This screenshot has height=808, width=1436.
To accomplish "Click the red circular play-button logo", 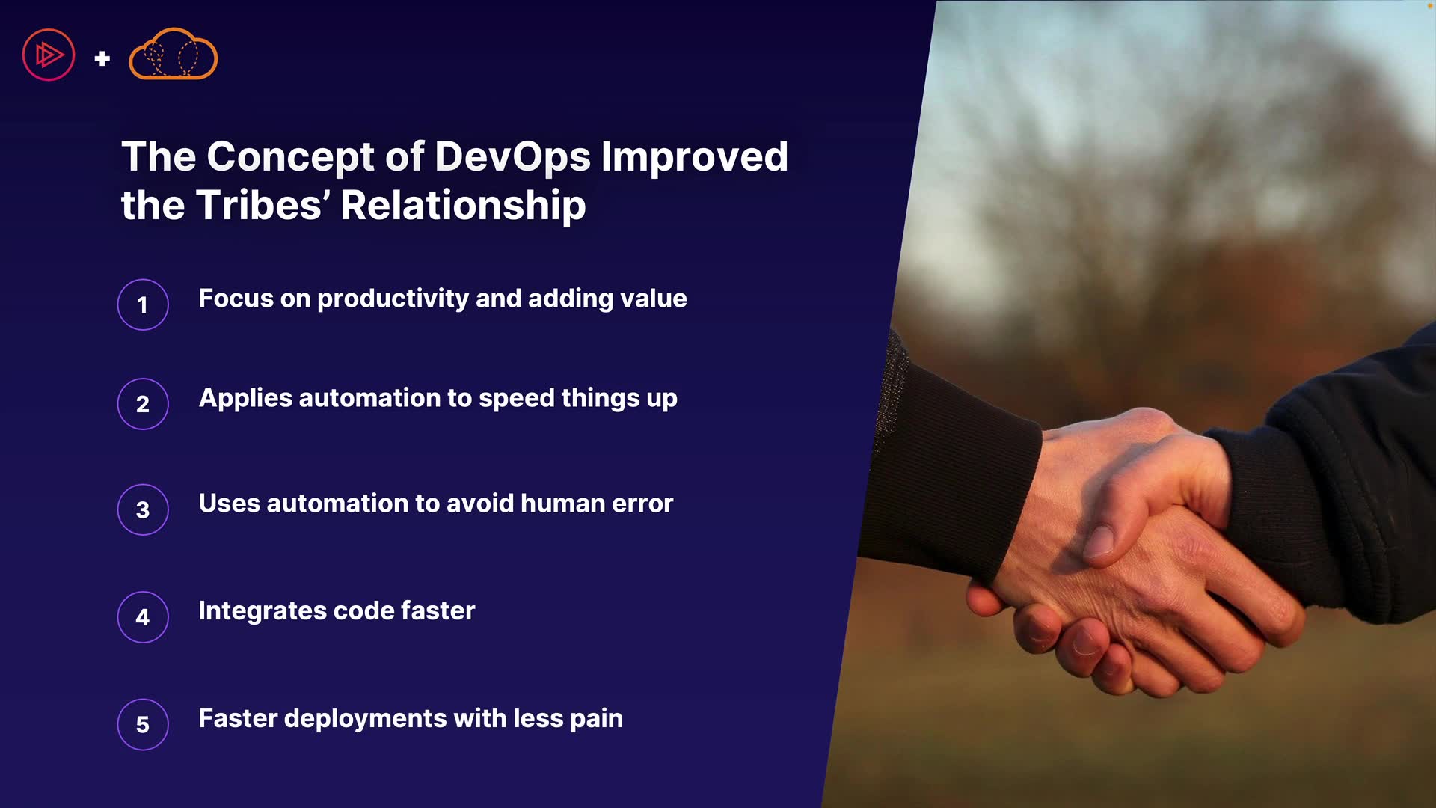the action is pyautogui.click(x=49, y=55).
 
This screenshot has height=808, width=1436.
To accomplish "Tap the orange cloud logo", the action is pyautogui.click(x=174, y=54).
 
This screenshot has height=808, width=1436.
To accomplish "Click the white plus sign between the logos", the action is pyautogui.click(x=102, y=58).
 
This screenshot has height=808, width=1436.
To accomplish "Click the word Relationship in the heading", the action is pyautogui.click(x=463, y=206).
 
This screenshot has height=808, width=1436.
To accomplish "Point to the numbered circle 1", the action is pyautogui.click(x=143, y=304).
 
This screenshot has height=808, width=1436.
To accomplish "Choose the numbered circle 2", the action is pyautogui.click(x=143, y=404).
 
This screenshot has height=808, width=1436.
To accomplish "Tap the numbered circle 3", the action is pyautogui.click(x=143, y=509).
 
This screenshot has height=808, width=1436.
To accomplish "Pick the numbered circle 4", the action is pyautogui.click(x=143, y=617).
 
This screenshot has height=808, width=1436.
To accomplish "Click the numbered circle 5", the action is pyautogui.click(x=143, y=724).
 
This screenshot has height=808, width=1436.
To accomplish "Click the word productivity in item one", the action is pyautogui.click(x=393, y=299).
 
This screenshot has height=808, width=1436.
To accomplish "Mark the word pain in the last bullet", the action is pyautogui.click(x=596, y=720).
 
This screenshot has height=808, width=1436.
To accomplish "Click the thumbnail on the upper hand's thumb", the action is pyautogui.click(x=1099, y=540).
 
